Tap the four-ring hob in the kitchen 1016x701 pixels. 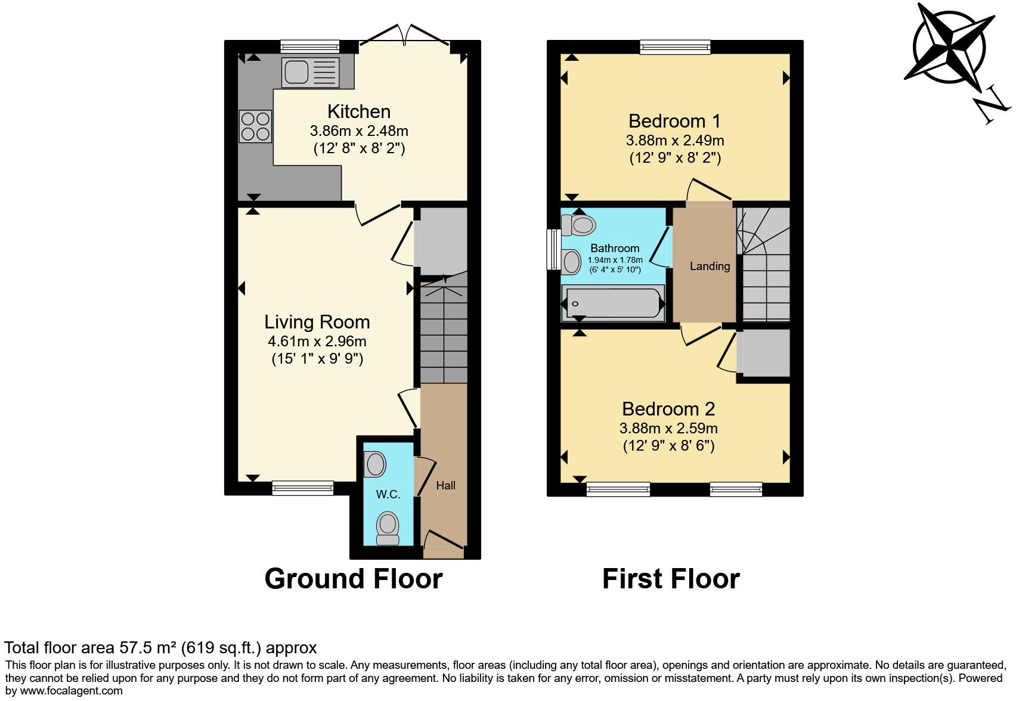(255, 126)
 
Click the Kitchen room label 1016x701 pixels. (359, 111)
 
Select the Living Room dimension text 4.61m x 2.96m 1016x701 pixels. (317, 342)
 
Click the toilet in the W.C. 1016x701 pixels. (388, 528)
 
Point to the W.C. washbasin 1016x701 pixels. (375, 464)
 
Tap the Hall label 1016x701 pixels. (445, 486)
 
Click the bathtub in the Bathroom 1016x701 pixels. (613, 303)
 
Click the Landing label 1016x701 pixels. (710, 266)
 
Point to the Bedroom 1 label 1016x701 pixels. (674, 121)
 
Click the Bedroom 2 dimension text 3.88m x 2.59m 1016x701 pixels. (668, 428)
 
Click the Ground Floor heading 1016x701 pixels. (353, 579)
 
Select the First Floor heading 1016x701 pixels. (671, 579)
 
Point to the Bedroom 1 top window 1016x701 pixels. (675, 46)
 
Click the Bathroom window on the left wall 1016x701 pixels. (553, 250)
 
